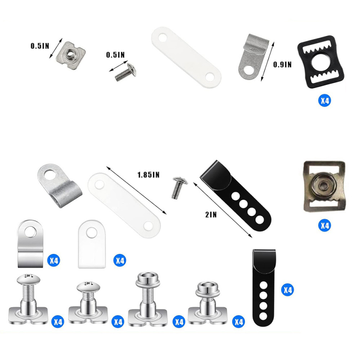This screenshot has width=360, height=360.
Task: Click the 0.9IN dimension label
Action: click(x=282, y=64)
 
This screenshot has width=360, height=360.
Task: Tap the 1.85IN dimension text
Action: click(x=148, y=175)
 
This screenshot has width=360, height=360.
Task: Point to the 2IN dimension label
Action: click(x=211, y=215)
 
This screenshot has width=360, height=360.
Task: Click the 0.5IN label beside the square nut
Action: click(x=40, y=46)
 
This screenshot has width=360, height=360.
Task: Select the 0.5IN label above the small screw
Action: click(x=115, y=55)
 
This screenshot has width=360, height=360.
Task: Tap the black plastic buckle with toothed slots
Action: click(x=321, y=62)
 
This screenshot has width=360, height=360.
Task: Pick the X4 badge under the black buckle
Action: click(x=324, y=100)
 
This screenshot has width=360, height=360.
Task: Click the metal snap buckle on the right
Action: click(x=324, y=185)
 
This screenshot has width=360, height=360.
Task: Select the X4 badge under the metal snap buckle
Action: click(x=324, y=225)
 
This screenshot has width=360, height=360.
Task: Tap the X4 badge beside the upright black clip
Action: click(x=288, y=290)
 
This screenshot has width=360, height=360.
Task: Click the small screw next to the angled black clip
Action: click(x=178, y=187)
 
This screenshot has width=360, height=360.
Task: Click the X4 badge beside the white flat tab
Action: click(x=120, y=261)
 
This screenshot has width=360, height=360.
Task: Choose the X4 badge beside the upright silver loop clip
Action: click(x=54, y=261)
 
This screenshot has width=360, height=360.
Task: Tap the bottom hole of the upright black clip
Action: click(x=263, y=317)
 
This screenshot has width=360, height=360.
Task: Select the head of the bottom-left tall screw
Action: click(x=28, y=279)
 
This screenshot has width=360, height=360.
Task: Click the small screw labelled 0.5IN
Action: click(x=126, y=72)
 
